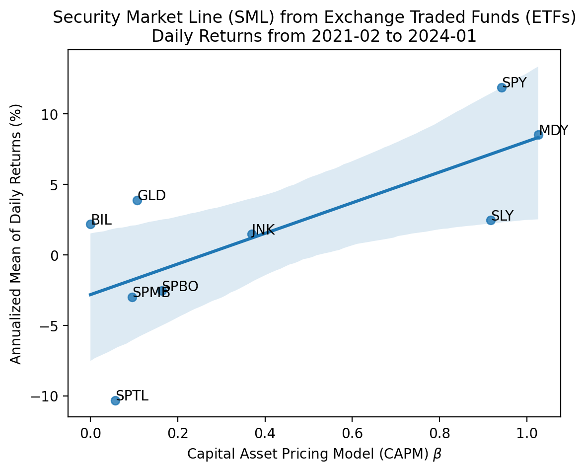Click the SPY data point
coord(502,87)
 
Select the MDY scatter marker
coord(538,135)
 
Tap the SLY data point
coord(491,220)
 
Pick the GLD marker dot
coord(137,200)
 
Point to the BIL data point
coord(90,224)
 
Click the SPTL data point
coord(115,400)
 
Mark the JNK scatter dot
coord(251,234)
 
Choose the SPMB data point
coord(132,297)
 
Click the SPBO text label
coord(180,287)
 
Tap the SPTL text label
coord(132,396)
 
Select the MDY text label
coord(554,131)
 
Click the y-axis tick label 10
coord(53,114)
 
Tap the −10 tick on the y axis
coord(49,396)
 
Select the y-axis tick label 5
coord(57,185)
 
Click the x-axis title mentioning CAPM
coord(314,454)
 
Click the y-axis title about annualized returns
coord(16,234)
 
